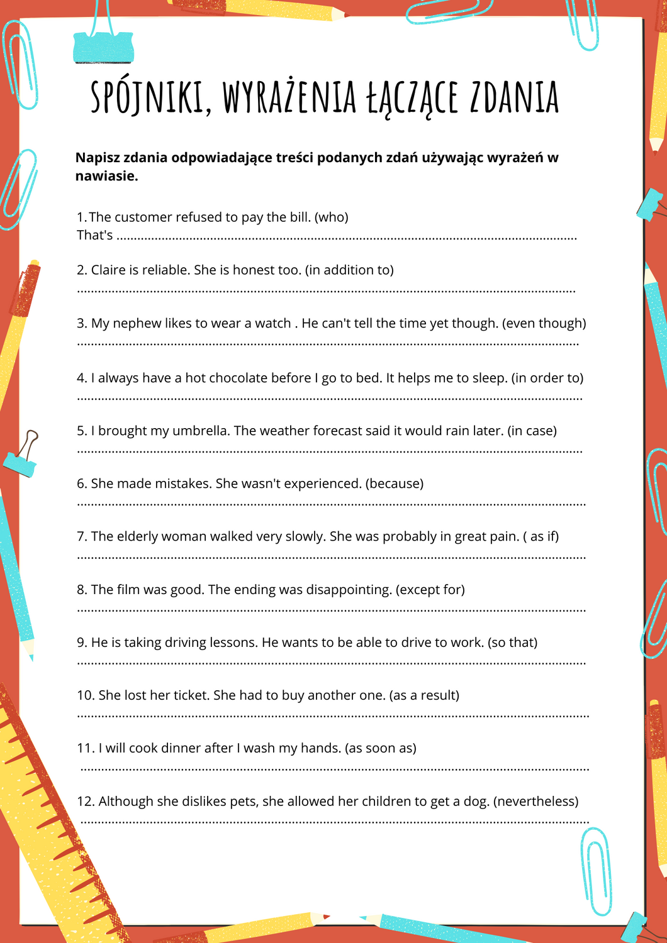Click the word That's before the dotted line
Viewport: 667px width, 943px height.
point(95,236)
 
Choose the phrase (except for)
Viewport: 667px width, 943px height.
point(430,590)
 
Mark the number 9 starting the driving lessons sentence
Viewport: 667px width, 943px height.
point(81,643)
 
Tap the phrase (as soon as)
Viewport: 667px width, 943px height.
point(381,749)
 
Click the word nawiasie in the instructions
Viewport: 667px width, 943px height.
point(104,176)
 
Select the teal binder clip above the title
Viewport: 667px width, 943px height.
point(103,47)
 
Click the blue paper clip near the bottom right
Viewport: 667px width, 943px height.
point(595,871)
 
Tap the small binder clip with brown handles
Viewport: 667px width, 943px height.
point(23,456)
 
